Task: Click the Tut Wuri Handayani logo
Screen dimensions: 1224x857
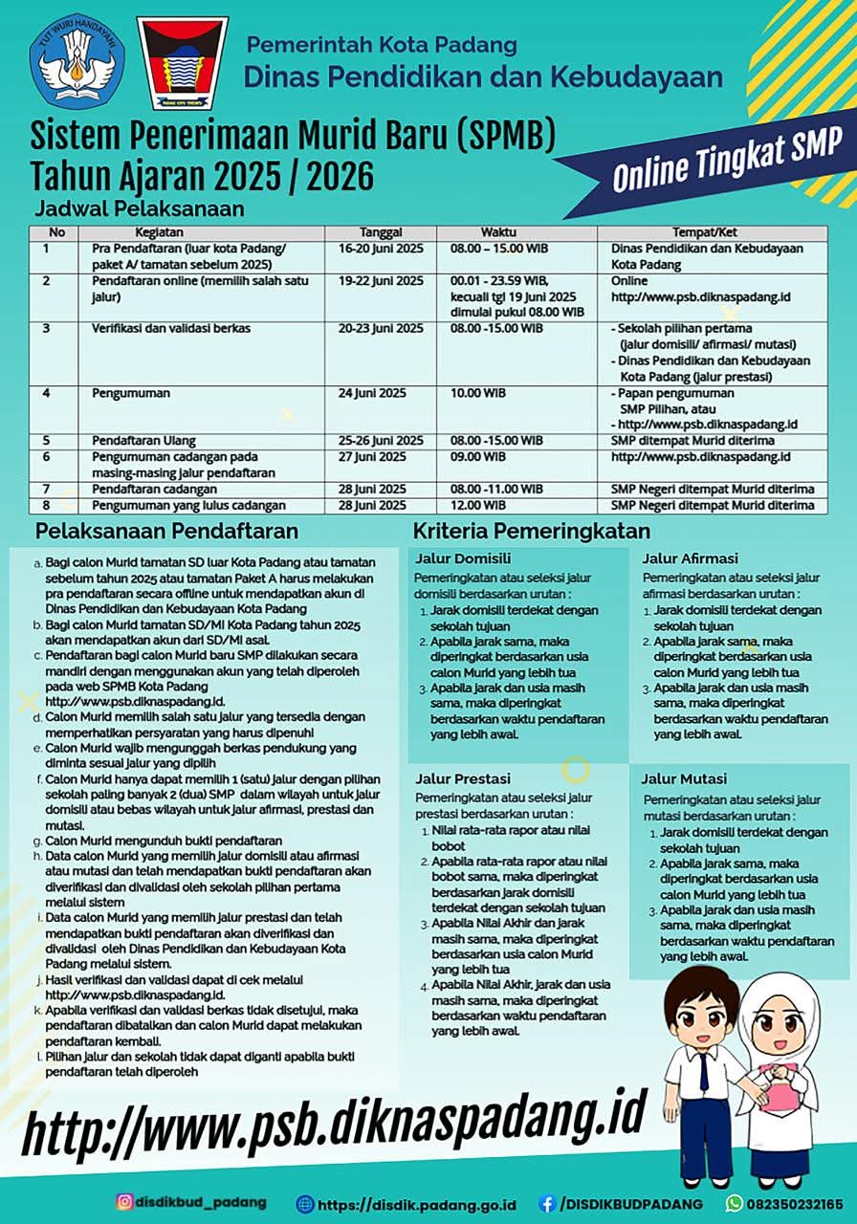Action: (77, 61)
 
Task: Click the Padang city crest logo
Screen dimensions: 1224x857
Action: (183, 63)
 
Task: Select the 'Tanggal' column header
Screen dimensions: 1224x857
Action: (381, 232)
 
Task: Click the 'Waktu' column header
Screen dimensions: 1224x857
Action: (497, 232)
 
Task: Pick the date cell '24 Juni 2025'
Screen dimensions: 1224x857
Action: (380, 393)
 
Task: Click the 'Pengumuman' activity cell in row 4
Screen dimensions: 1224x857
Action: (131, 393)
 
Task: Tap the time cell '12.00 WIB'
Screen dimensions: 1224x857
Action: (478, 505)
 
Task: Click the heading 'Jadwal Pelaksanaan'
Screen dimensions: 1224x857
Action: (140, 208)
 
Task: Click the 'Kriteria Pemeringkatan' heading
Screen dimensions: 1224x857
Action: (531, 532)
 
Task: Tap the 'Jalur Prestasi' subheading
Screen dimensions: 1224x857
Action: (463, 778)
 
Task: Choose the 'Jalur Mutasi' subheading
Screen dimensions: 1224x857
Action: (684, 778)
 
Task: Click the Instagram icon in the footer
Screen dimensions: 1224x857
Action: (124, 1202)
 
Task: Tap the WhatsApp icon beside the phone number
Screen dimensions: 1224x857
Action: (735, 1203)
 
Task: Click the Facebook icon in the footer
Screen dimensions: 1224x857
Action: (547, 1203)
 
